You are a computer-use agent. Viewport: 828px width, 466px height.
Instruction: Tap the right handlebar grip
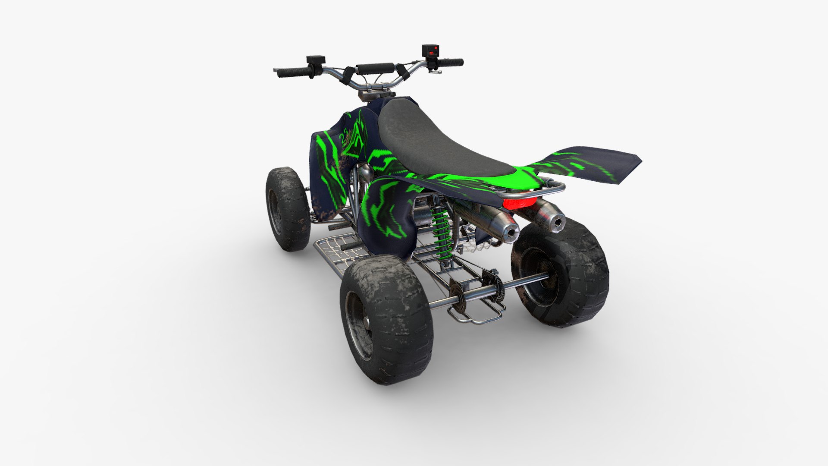[x=451, y=63]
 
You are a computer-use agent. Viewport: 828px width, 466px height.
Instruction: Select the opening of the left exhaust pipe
[x=511, y=233]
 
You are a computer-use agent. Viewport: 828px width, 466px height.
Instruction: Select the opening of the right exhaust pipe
[x=558, y=223]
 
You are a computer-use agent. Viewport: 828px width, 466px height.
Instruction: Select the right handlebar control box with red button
[x=430, y=50]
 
